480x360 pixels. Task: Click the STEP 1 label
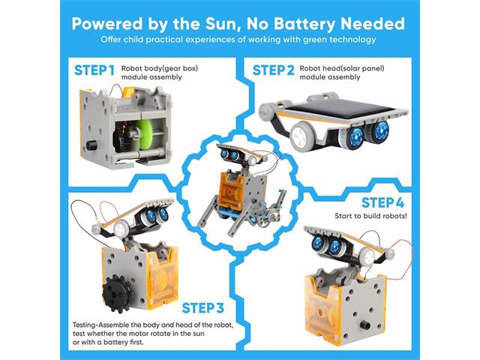[x=94, y=71]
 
